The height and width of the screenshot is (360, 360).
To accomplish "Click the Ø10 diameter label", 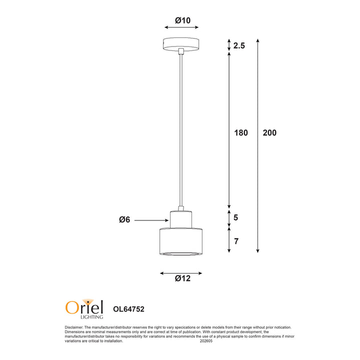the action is click(183, 20).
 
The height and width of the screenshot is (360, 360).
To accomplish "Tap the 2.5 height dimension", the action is click(239, 45).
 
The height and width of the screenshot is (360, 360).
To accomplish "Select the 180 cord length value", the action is click(241, 132).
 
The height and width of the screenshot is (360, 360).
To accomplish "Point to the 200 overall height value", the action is click(269, 132).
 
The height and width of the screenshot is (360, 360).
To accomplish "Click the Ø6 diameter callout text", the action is click(124, 219).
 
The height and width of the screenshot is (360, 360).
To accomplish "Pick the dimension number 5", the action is click(236, 217).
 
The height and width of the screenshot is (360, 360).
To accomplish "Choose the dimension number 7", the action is click(236, 241).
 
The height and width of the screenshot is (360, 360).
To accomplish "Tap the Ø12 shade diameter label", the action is click(183, 278).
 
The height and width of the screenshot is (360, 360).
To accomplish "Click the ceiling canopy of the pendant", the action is click(181, 44).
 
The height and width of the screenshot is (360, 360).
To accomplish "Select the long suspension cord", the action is click(181, 130).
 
